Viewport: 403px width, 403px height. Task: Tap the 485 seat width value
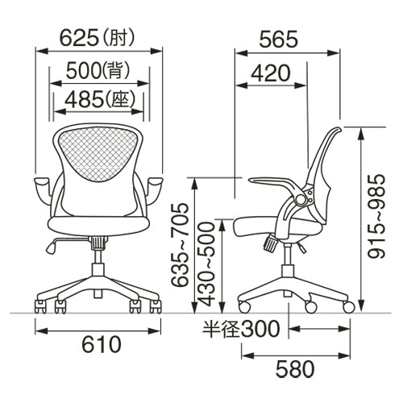(x=85, y=99)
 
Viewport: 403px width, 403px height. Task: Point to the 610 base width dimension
(x=102, y=344)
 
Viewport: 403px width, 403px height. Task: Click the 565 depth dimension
(x=279, y=39)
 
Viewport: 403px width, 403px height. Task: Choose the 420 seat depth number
(x=271, y=73)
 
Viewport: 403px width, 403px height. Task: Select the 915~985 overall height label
(x=376, y=217)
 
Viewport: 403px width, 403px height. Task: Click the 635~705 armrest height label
(x=180, y=245)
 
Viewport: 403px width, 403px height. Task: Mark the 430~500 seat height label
(x=208, y=264)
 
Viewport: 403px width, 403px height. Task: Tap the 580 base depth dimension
(x=295, y=369)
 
